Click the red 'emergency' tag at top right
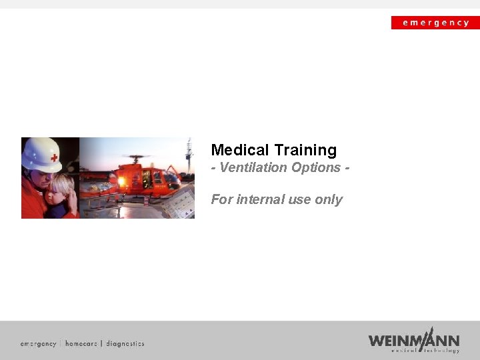pyautogui.click(x=435, y=23)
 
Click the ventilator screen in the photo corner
pyautogui.click(x=178, y=203)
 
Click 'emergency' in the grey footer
pyautogui.click(x=38, y=343)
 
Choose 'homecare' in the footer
pyautogui.click(x=81, y=343)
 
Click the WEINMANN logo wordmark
pyautogui.click(x=413, y=339)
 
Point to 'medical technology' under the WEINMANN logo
pyautogui.click(x=425, y=350)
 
